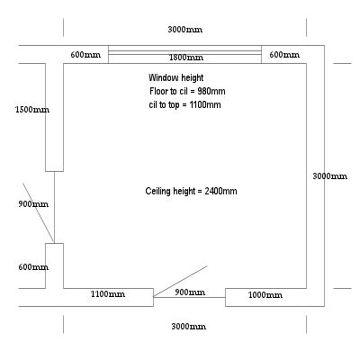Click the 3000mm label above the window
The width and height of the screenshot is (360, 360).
coord(185,30)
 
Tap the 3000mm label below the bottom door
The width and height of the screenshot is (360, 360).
coord(189,327)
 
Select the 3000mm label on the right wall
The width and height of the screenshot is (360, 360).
coord(330,176)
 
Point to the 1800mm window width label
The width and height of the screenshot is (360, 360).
coord(186,58)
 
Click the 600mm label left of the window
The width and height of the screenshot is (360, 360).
coord(85,55)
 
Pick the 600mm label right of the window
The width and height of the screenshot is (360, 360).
coord(284,55)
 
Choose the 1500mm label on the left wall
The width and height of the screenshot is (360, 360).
coord(32,110)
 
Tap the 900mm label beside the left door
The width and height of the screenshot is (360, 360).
coord(33,204)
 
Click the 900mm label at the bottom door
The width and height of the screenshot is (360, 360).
coord(190,292)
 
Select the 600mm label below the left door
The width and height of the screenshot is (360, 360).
coord(33,267)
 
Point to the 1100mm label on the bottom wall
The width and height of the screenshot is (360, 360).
coord(108,294)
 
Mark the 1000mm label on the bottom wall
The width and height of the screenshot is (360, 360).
coord(265,295)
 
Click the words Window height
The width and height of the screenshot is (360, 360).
coord(176,78)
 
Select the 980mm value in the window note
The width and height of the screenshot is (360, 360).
coord(211,91)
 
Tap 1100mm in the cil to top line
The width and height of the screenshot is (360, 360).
coord(205,104)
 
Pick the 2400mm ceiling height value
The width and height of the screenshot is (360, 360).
coord(220,191)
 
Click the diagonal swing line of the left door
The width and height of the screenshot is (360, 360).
coord(39,212)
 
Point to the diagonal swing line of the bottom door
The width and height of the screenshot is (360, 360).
coord(180,282)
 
